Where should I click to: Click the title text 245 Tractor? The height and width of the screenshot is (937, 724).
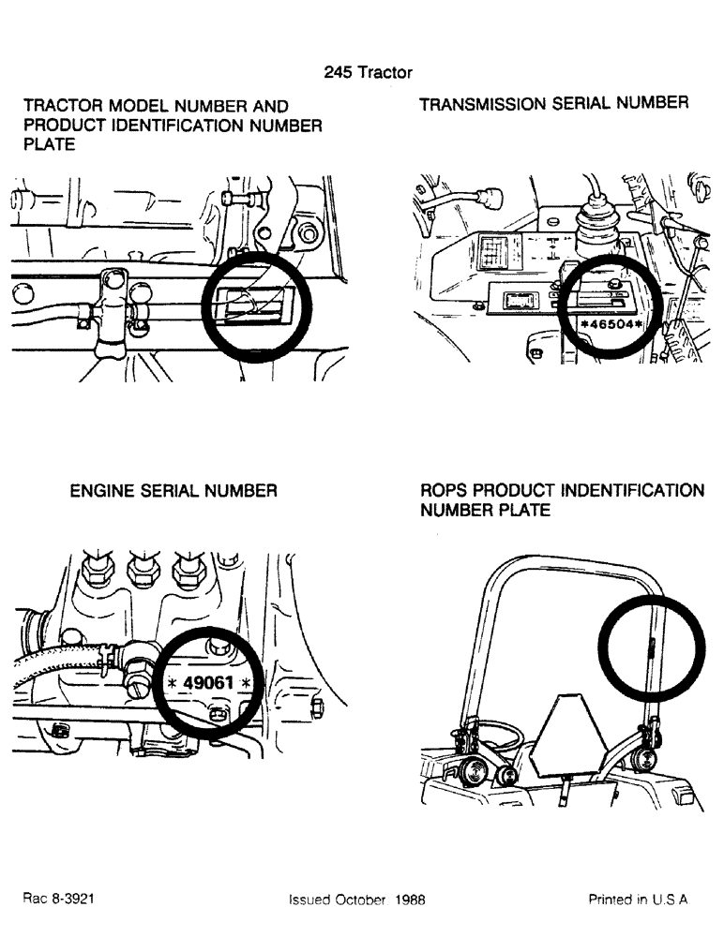(x=368, y=72)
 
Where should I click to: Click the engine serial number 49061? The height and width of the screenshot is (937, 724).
(x=207, y=682)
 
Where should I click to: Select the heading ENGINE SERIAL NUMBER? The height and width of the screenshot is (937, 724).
(x=173, y=490)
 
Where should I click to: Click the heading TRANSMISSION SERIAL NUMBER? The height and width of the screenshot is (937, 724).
(x=553, y=104)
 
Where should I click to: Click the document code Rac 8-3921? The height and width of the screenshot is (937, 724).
(x=58, y=898)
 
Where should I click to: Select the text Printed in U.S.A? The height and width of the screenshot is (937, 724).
(x=638, y=899)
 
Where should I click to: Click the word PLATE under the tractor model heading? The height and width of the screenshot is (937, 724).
(x=50, y=145)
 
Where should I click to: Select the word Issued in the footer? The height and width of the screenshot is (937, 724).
(x=310, y=899)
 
